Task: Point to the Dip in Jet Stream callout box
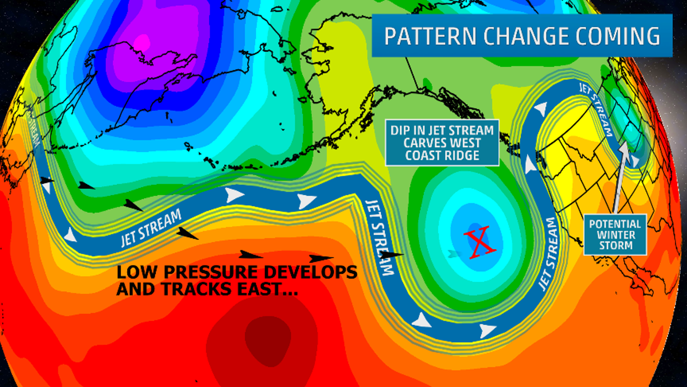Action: (x=442, y=143)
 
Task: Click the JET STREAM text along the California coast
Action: (x=548, y=254)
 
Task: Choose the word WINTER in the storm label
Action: (x=616, y=235)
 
